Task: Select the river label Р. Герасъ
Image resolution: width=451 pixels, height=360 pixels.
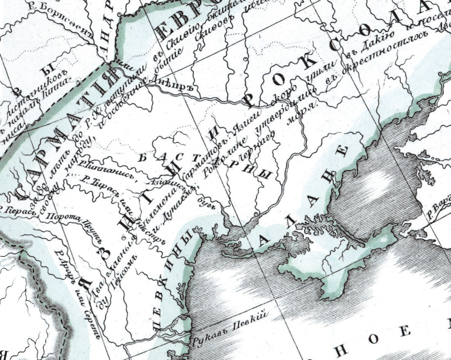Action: point(17,211)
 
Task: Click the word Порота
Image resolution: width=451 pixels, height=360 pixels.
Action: point(57,218)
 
